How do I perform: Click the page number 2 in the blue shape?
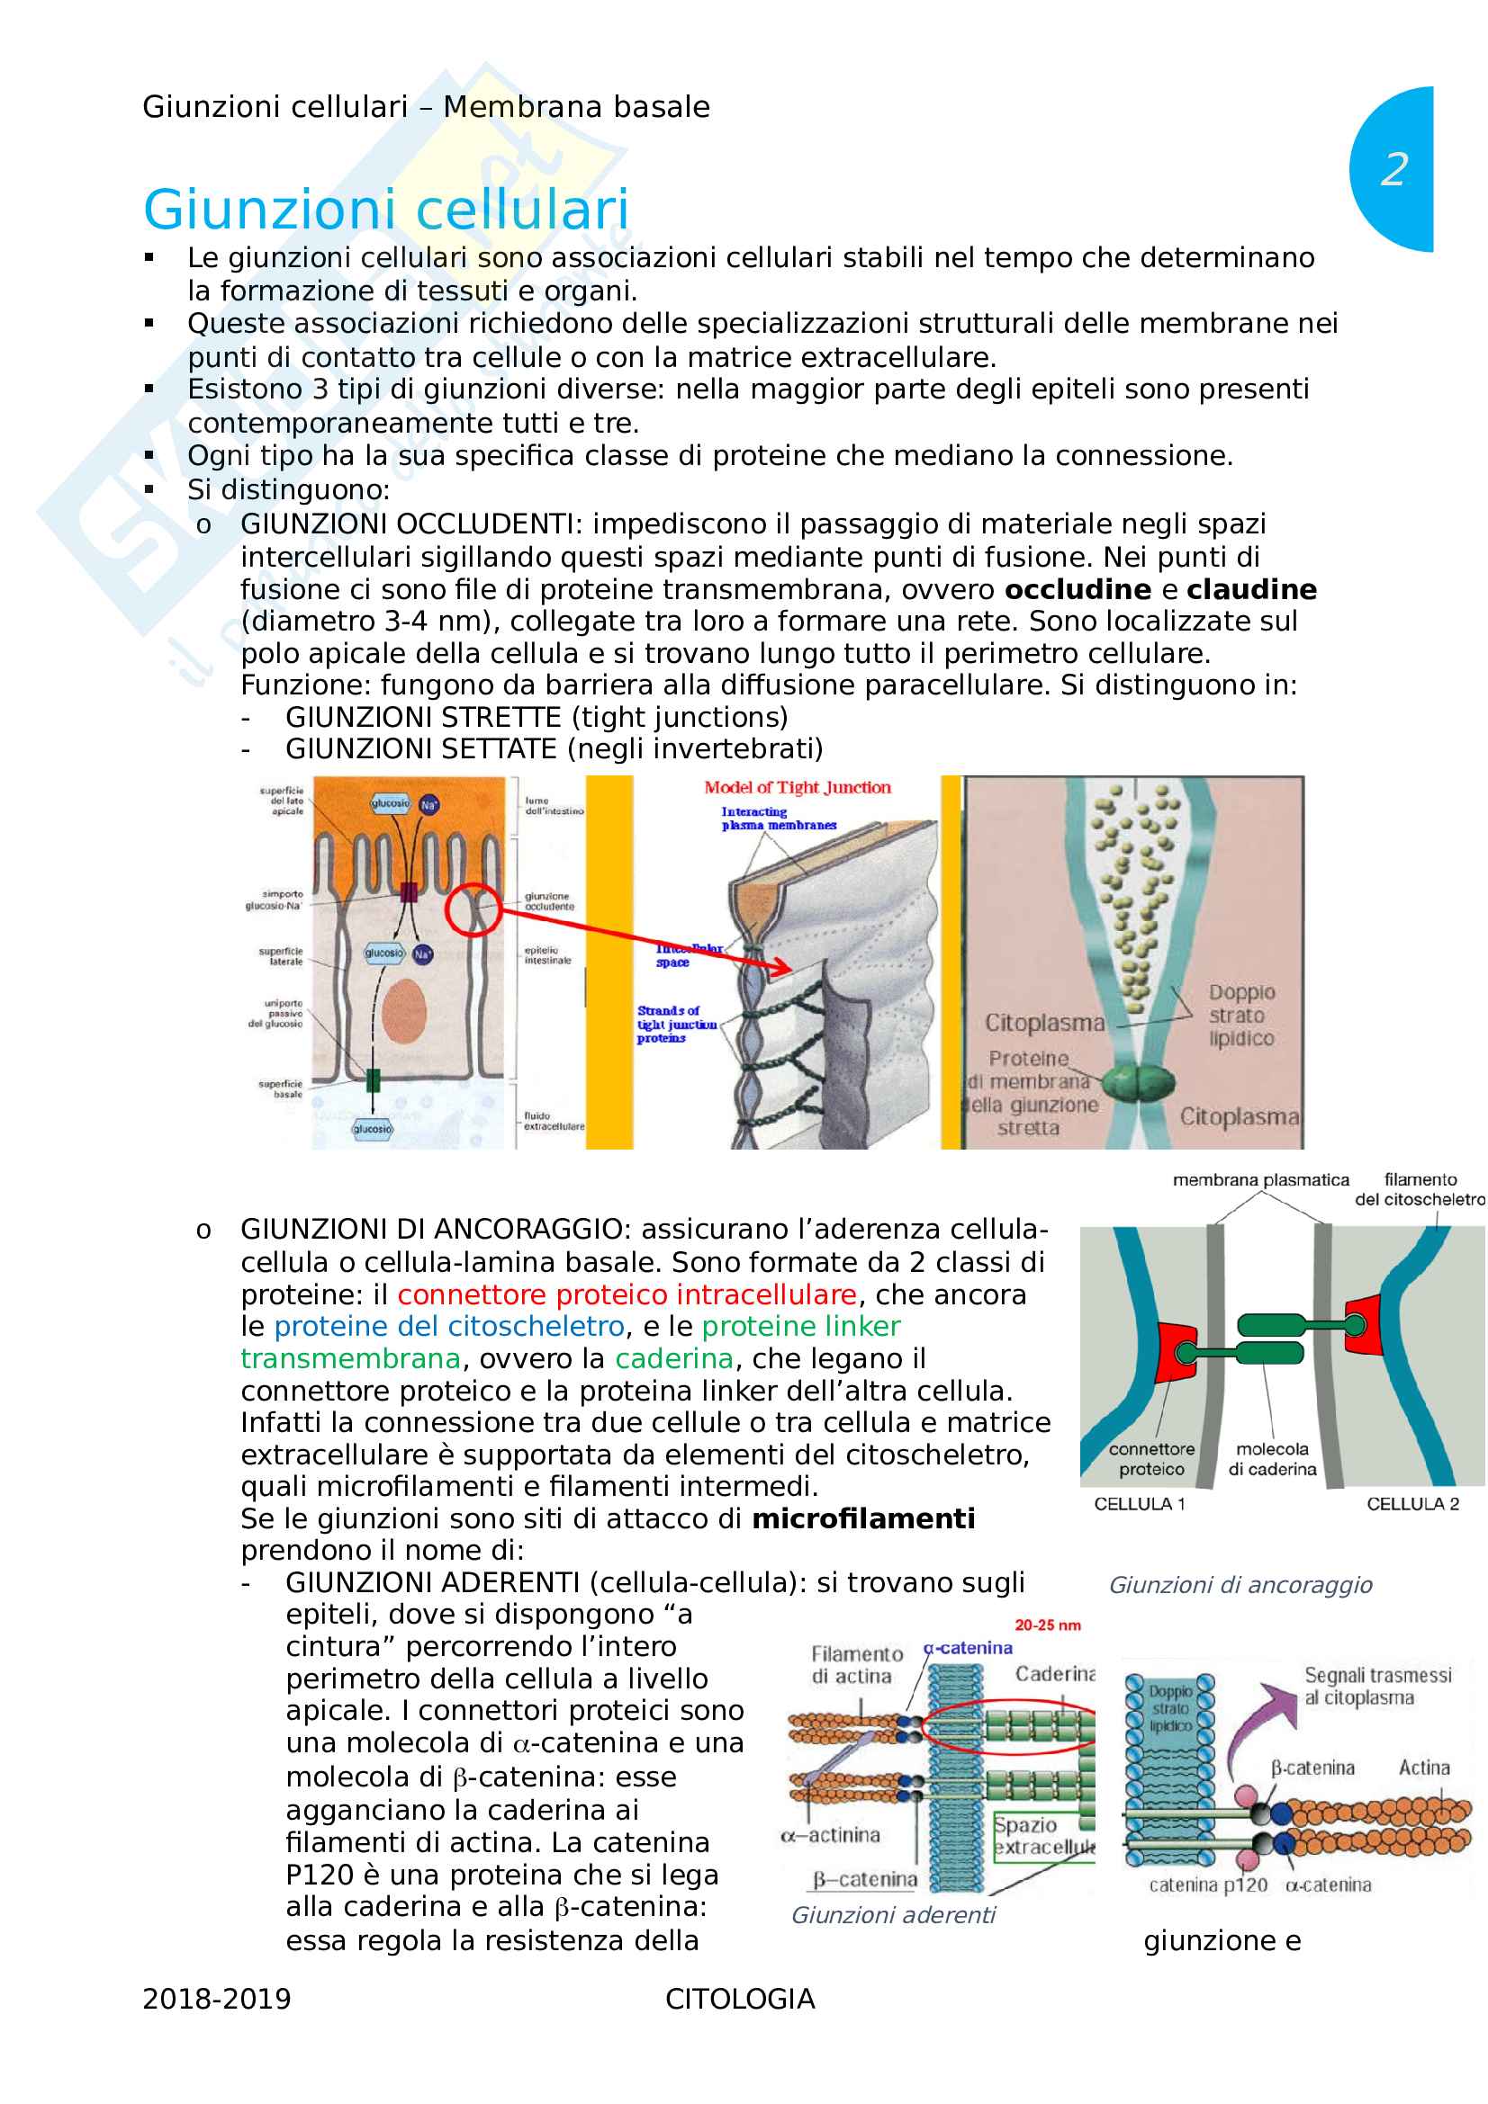[1393, 169]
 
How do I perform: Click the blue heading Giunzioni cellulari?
[386, 209]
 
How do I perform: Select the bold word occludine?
[1078, 589]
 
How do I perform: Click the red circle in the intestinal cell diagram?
[473, 909]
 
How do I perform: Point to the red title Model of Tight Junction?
[797, 787]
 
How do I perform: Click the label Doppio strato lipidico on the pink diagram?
[1240, 1016]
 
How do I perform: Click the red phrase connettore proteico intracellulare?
[627, 1294]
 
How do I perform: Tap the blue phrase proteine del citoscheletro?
[449, 1327]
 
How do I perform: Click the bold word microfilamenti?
[862, 1519]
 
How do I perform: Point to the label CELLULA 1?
[1139, 1504]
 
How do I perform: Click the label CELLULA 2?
[1411, 1504]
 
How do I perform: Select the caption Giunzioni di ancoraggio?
[1240, 1585]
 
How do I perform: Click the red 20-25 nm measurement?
[1047, 1625]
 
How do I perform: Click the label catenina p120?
[1207, 1885]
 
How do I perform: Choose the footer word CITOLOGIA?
[740, 2000]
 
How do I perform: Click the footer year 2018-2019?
[216, 2000]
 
